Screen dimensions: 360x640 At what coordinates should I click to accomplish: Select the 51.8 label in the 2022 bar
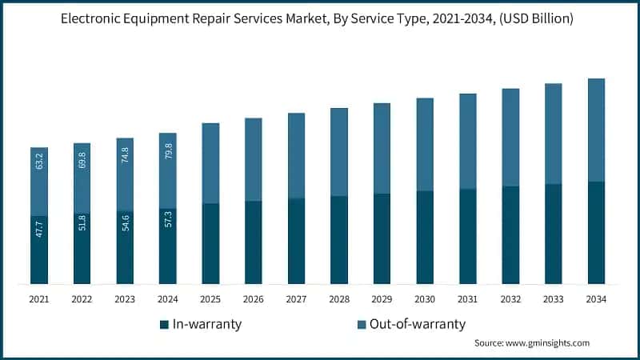(x=82, y=222)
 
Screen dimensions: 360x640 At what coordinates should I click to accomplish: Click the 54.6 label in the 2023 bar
(x=125, y=222)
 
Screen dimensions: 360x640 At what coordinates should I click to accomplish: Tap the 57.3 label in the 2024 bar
(x=168, y=221)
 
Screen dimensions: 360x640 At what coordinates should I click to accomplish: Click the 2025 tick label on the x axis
(x=210, y=299)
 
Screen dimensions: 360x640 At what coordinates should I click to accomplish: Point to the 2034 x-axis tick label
(x=596, y=299)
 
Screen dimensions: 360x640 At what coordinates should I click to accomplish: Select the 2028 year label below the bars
(x=339, y=299)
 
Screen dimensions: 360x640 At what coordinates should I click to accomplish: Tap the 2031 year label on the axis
(x=467, y=299)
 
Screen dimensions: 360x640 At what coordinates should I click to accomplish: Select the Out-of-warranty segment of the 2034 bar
(x=596, y=130)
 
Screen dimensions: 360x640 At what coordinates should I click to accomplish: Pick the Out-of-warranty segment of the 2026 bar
(x=254, y=159)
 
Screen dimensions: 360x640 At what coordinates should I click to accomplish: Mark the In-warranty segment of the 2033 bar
(x=554, y=234)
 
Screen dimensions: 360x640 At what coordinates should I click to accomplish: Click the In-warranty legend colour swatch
(x=164, y=324)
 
